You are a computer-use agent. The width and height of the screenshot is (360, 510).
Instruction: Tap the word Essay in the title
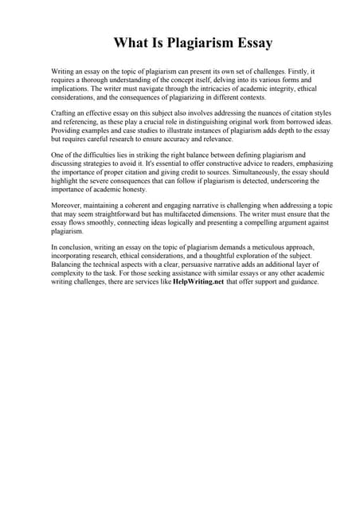252,43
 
